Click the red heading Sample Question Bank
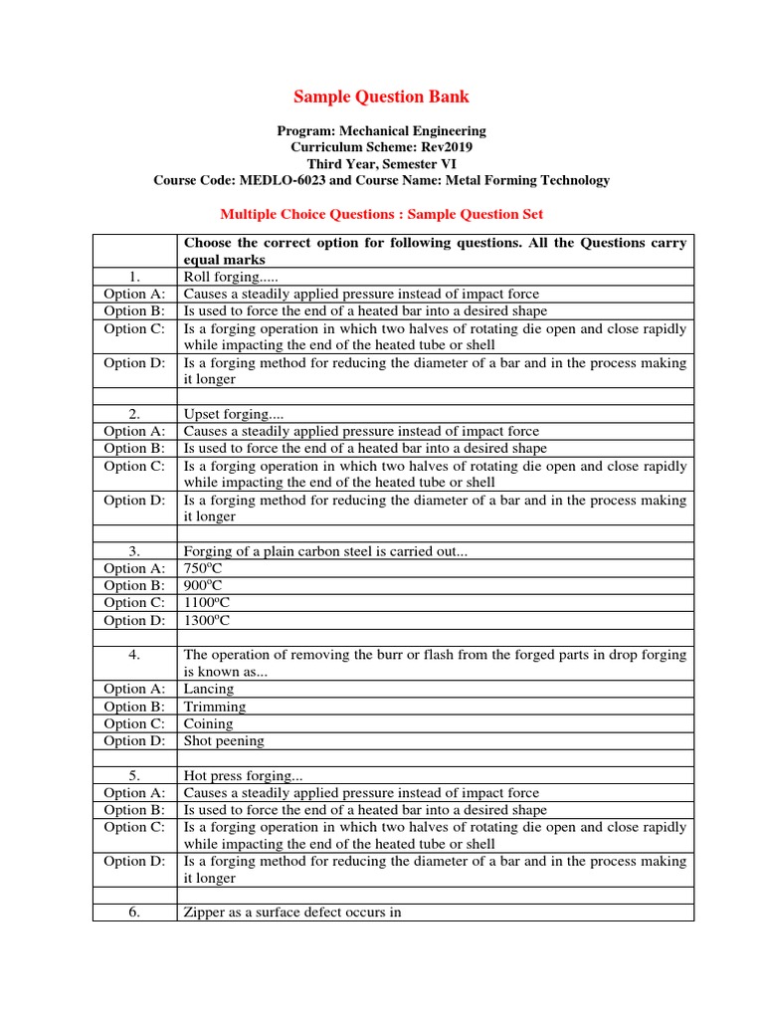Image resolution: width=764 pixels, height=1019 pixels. (x=381, y=97)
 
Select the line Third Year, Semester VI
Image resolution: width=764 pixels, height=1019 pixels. (x=381, y=163)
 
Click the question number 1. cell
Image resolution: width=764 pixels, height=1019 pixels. (x=135, y=277)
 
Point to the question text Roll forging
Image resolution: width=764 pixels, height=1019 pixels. (x=219, y=277)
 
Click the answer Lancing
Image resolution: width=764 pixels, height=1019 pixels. (x=209, y=689)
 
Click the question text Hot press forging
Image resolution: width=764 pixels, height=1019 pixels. (x=235, y=775)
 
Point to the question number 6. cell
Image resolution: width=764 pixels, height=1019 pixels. (x=135, y=913)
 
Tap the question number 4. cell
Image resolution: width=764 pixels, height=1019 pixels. (x=135, y=655)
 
